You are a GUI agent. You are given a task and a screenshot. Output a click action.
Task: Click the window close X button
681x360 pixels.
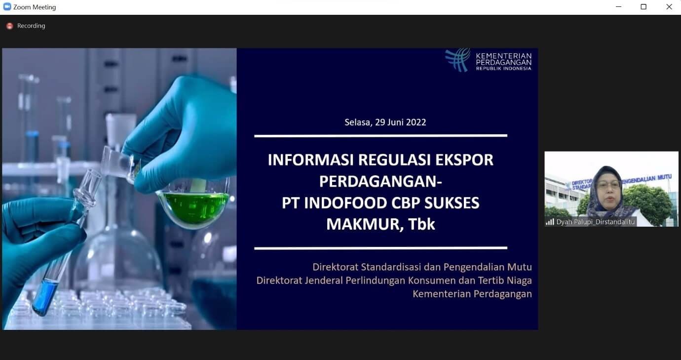click(x=669, y=7)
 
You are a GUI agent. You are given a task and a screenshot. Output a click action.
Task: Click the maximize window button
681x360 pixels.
click(x=643, y=7)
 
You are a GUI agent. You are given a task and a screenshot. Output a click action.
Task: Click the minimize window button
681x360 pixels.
click(x=618, y=7)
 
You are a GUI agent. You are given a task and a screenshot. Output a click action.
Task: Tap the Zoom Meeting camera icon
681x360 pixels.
click(x=7, y=7)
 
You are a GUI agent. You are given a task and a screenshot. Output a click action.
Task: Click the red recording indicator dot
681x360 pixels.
click(x=10, y=26)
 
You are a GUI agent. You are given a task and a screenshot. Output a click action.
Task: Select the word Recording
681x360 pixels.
click(x=31, y=26)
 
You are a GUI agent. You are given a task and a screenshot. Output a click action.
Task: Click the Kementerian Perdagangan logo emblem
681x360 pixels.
click(x=458, y=60)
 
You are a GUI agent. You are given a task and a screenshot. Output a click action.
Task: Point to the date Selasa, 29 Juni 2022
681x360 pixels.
click(x=385, y=122)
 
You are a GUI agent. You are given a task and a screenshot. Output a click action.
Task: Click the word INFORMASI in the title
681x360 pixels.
click(x=310, y=160)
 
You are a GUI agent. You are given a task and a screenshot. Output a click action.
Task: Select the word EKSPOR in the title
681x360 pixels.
click(x=464, y=160)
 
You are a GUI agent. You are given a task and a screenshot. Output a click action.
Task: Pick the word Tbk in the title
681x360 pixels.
click(x=421, y=224)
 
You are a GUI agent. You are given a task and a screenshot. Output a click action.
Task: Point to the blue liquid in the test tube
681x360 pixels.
click(x=45, y=297)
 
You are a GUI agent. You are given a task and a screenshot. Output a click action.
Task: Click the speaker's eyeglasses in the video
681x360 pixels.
click(x=608, y=185)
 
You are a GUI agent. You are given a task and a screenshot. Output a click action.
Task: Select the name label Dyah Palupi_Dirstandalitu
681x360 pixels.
click(x=595, y=222)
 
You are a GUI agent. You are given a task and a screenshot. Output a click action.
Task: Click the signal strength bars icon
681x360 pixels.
click(x=550, y=222)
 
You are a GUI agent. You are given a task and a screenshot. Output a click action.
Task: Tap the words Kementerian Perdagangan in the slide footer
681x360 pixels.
click(x=472, y=294)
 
